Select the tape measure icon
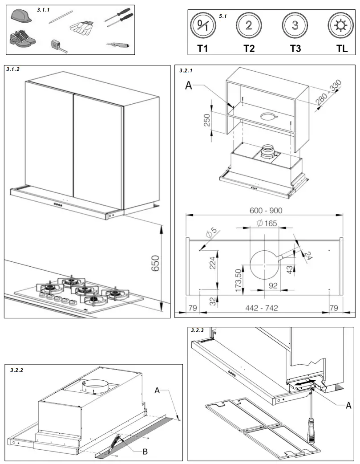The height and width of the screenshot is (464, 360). point(58,45)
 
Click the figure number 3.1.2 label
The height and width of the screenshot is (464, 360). point(14,70)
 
